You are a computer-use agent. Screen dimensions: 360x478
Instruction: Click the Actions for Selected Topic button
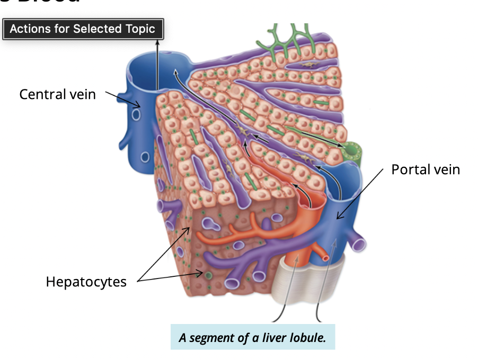83,29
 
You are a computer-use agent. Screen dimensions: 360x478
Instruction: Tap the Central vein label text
57,94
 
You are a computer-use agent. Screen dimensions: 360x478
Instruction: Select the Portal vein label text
426,169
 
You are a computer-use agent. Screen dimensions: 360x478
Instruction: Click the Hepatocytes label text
86,282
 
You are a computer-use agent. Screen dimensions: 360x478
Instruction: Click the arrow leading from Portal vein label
360,193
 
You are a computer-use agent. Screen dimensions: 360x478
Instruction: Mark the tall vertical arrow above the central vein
157,64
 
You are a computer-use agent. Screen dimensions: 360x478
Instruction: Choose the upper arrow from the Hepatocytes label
162,254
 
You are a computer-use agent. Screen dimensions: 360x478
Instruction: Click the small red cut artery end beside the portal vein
325,258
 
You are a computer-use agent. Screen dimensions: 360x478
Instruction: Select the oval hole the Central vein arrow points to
136,115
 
